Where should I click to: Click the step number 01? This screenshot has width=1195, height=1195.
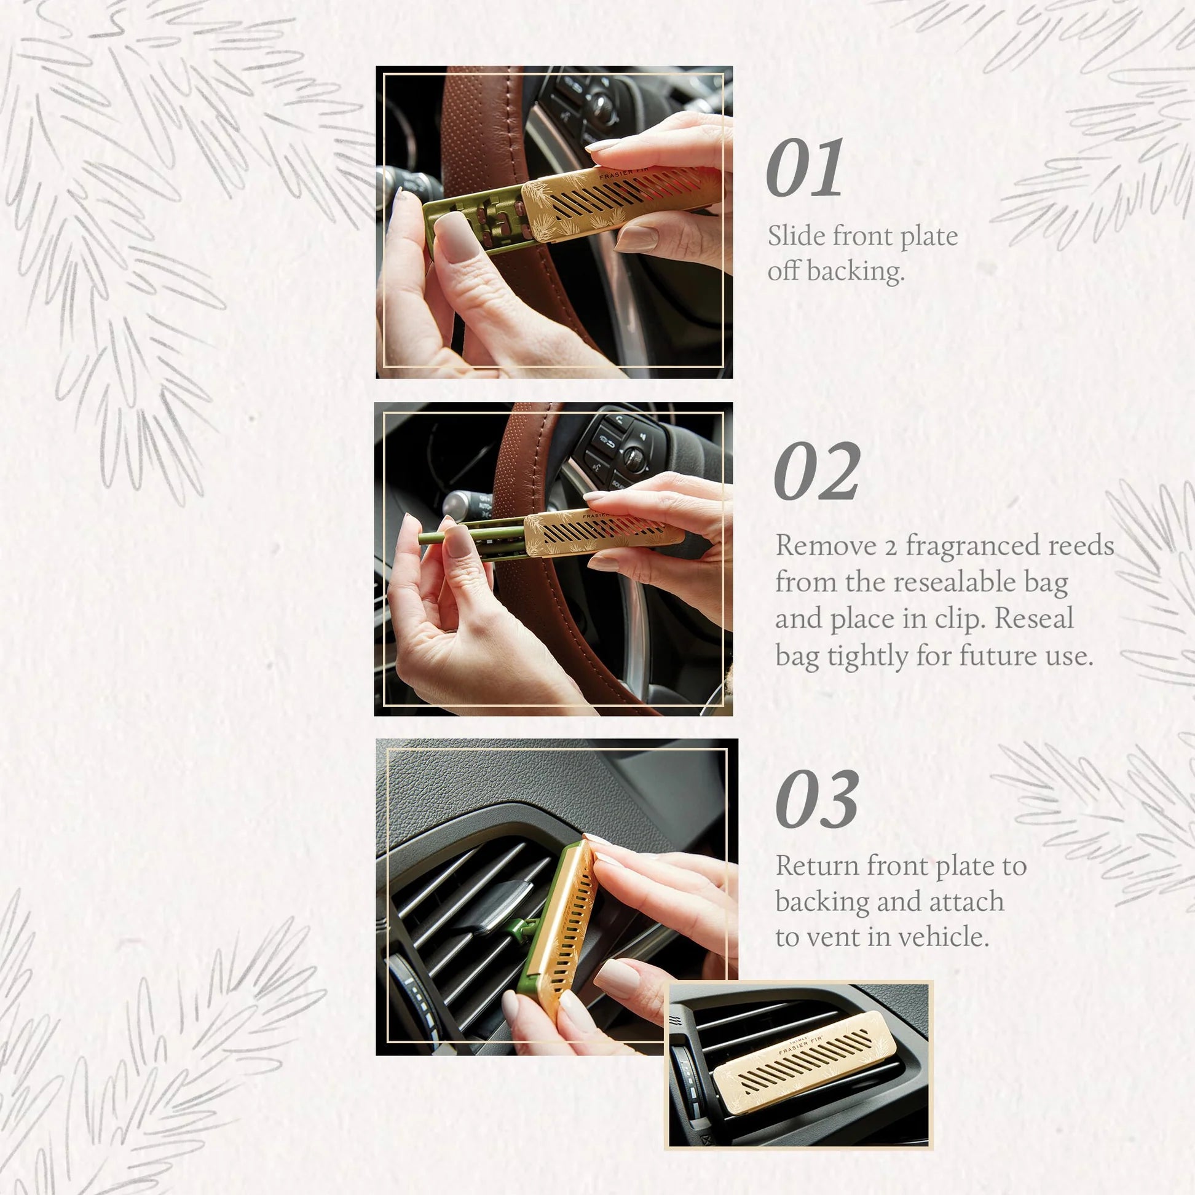[x=804, y=168]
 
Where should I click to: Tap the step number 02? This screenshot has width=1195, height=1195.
[x=816, y=471]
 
